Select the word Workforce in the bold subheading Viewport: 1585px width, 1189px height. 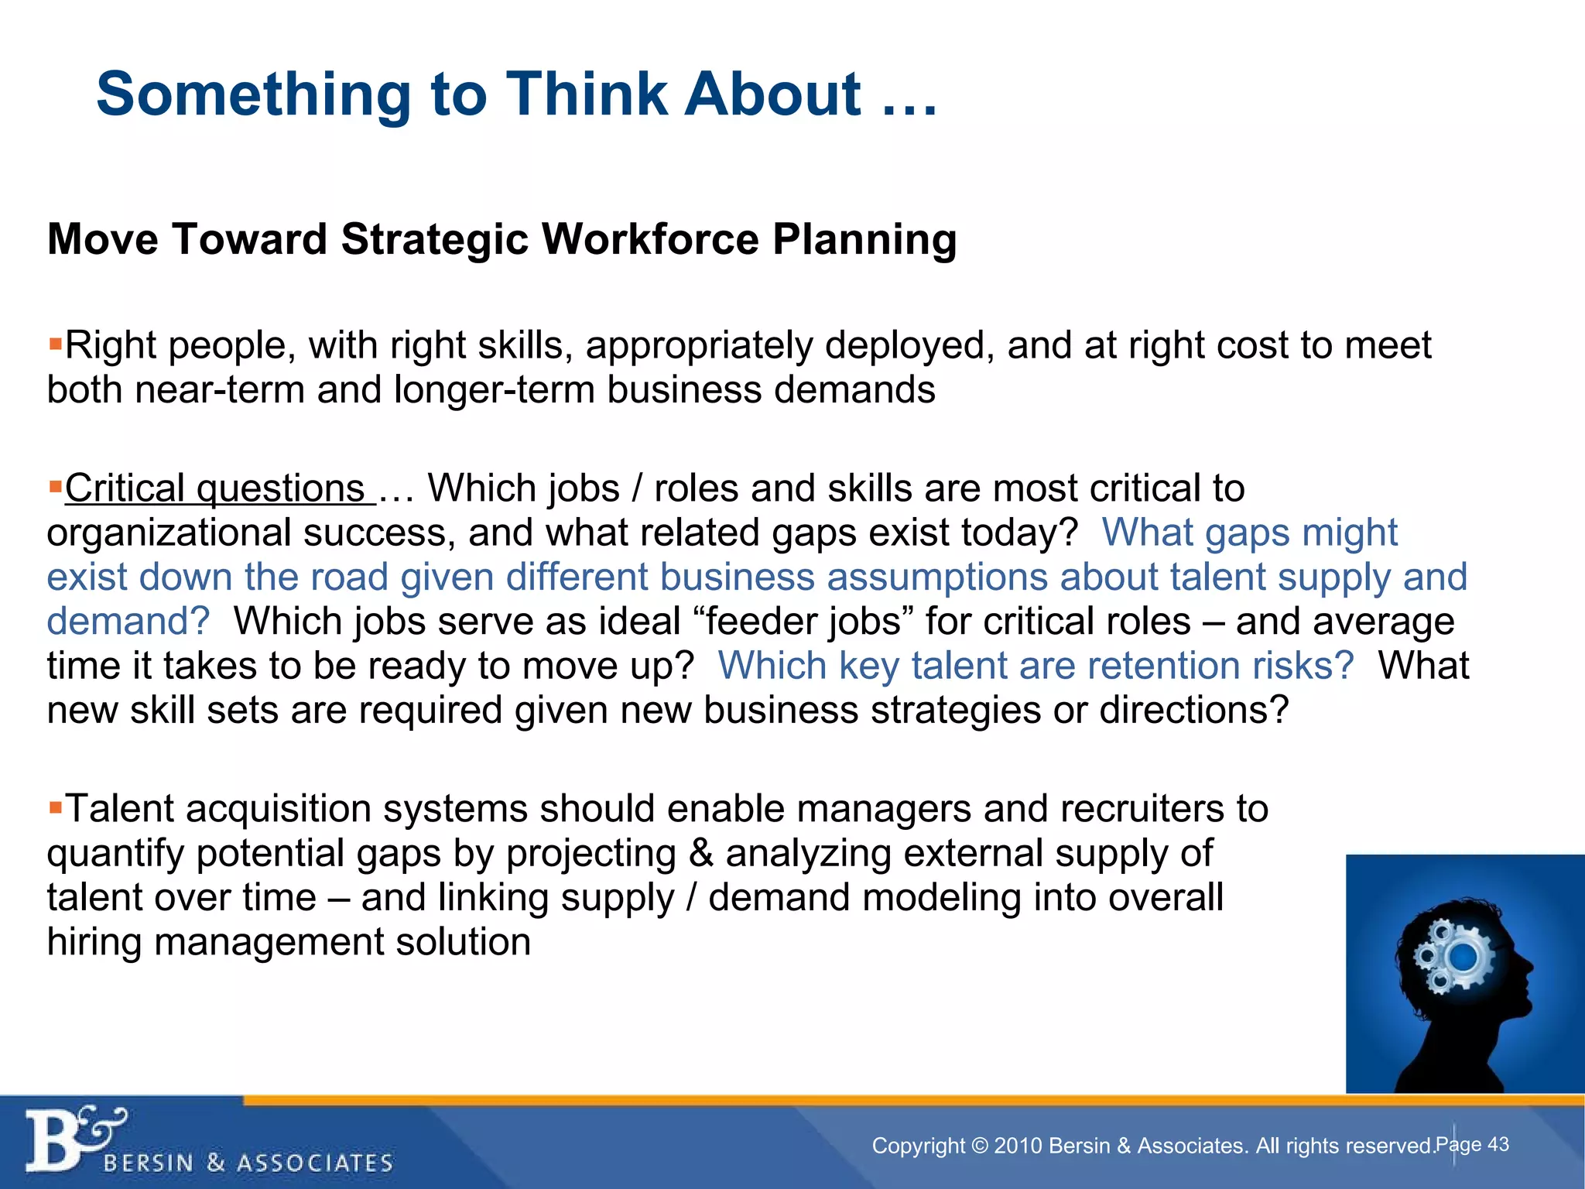click(x=649, y=238)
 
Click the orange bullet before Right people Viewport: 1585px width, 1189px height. click(x=54, y=343)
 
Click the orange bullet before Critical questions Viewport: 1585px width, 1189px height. click(x=54, y=487)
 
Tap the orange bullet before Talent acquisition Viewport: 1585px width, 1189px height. click(x=54, y=807)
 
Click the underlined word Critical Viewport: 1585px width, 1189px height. click(x=124, y=488)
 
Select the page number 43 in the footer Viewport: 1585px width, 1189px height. click(x=1498, y=1144)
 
